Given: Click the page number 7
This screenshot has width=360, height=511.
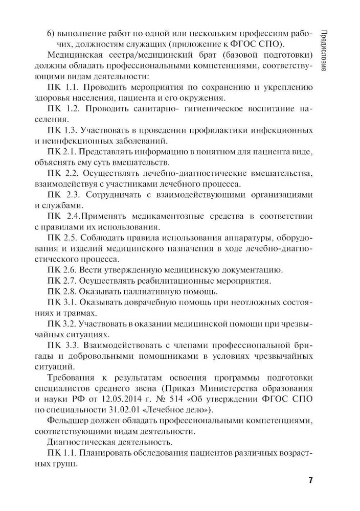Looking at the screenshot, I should [x=310, y=481].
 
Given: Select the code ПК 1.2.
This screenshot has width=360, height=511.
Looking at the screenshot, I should [x=61, y=108].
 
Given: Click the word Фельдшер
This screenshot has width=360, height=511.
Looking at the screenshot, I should [x=67, y=421].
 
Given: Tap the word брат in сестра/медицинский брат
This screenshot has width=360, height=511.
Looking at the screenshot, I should [x=175, y=55].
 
